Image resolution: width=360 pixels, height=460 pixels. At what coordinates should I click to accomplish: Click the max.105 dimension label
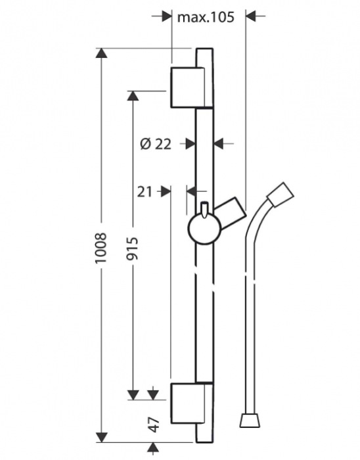click(206, 18)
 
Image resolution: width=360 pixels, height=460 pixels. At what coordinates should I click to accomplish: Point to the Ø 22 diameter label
click(156, 143)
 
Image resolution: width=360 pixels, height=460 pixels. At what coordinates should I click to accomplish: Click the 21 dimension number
click(145, 191)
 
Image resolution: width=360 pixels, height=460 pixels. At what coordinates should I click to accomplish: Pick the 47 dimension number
click(154, 425)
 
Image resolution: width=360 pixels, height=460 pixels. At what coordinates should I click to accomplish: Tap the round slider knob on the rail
click(204, 230)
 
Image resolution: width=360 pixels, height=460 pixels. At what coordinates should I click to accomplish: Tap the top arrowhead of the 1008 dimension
click(101, 53)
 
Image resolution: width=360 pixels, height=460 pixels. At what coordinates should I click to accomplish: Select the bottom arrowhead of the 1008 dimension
click(101, 436)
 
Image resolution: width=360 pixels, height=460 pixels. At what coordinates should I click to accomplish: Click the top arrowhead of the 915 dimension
click(132, 95)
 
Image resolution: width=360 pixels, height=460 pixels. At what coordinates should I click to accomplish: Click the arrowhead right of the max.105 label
click(253, 18)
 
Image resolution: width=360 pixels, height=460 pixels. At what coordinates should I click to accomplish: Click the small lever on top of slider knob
click(206, 209)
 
